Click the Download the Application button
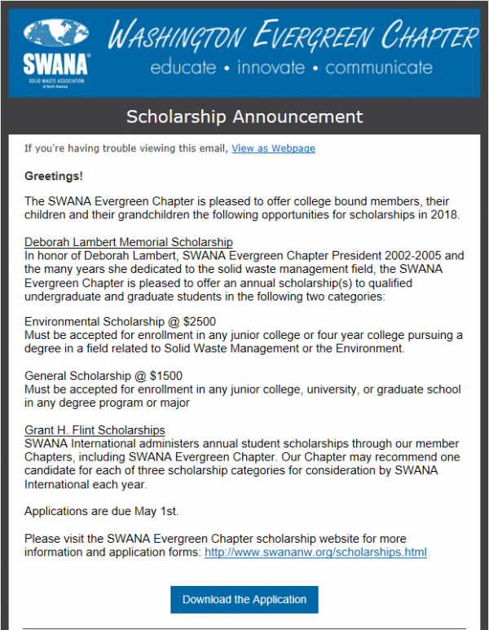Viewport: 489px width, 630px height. point(244,599)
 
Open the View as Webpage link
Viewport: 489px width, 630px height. point(273,148)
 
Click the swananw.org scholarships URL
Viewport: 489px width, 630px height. point(315,553)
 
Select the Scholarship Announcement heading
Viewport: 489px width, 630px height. point(244,117)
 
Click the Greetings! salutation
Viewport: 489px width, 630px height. point(54,176)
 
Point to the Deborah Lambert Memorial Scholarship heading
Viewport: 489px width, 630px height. point(129,242)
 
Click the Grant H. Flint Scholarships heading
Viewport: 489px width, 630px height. point(95,430)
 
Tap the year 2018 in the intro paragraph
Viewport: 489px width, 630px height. point(446,215)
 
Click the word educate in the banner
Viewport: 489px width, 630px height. point(183,68)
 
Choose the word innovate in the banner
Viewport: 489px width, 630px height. point(271,68)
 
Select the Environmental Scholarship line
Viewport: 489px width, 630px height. point(120,322)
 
